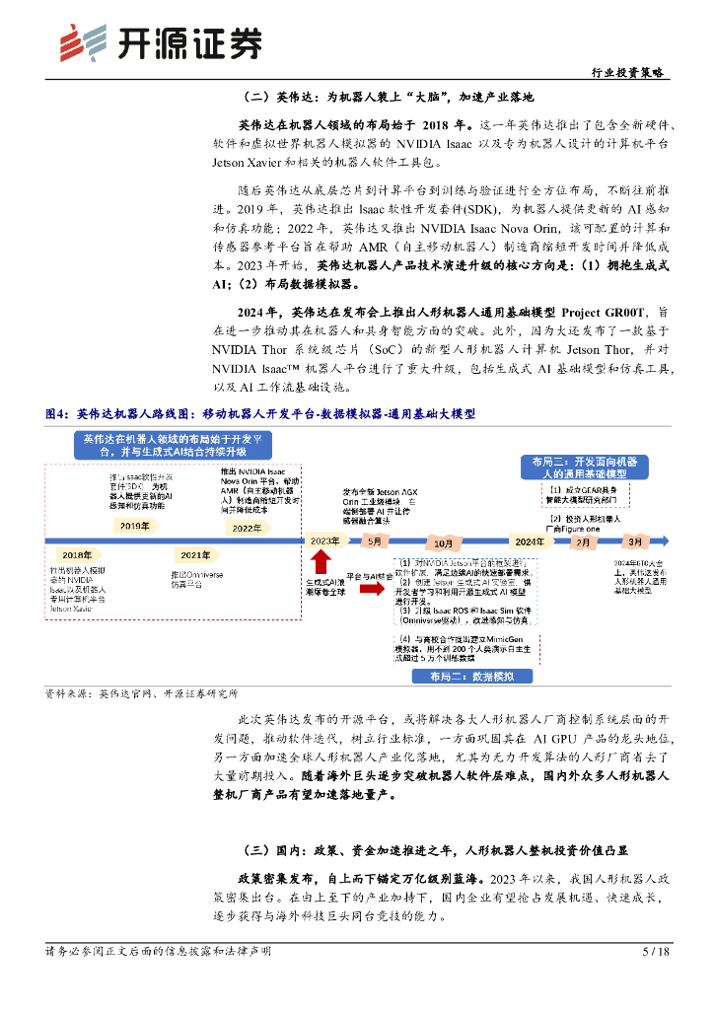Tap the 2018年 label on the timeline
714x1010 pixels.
tap(78, 554)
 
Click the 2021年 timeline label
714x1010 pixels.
tap(195, 554)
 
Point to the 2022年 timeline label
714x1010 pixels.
tap(247, 528)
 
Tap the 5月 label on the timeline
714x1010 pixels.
tap(375, 541)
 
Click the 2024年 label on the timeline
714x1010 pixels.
tap(529, 541)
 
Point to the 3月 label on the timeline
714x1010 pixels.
tap(635, 541)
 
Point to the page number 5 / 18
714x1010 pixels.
tap(656, 952)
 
